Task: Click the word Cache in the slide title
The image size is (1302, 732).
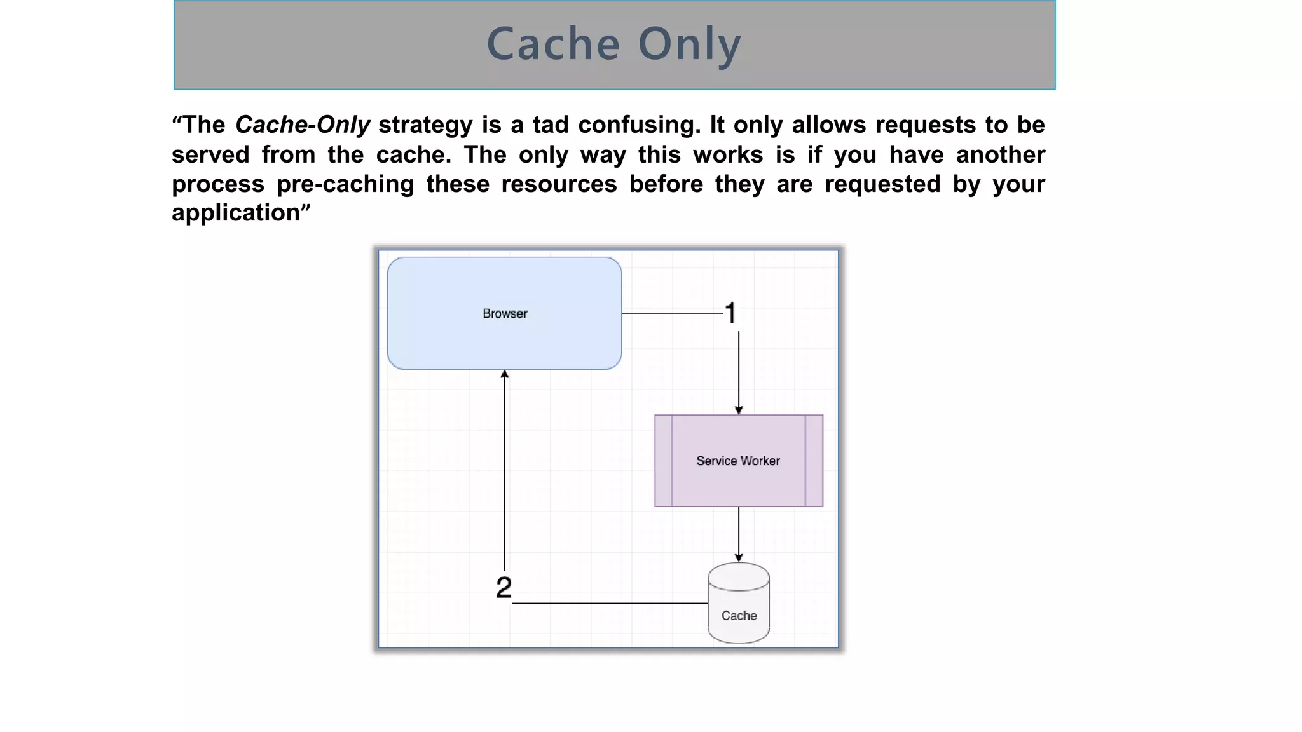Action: (x=553, y=44)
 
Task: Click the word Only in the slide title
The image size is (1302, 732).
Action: (x=689, y=44)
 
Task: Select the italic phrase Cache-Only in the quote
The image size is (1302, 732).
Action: (x=303, y=125)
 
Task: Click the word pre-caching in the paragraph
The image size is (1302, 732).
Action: (x=345, y=184)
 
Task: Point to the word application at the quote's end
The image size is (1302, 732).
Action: (x=236, y=213)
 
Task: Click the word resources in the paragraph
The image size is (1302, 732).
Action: (x=559, y=184)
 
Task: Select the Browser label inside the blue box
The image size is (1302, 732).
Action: (x=505, y=313)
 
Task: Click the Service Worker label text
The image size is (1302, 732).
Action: (x=738, y=461)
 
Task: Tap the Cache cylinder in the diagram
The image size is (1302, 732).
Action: (x=739, y=604)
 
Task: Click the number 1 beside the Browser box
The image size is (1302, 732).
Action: (x=731, y=313)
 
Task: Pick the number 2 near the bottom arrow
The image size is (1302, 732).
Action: (x=504, y=587)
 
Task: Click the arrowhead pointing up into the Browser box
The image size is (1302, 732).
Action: (x=505, y=374)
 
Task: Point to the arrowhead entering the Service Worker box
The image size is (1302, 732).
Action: (x=739, y=410)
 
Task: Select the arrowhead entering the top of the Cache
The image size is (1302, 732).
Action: (x=739, y=558)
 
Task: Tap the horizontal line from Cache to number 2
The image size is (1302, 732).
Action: (x=610, y=603)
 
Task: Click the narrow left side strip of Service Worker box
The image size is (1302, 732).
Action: (x=663, y=461)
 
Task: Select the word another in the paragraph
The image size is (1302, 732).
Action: (x=1000, y=154)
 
